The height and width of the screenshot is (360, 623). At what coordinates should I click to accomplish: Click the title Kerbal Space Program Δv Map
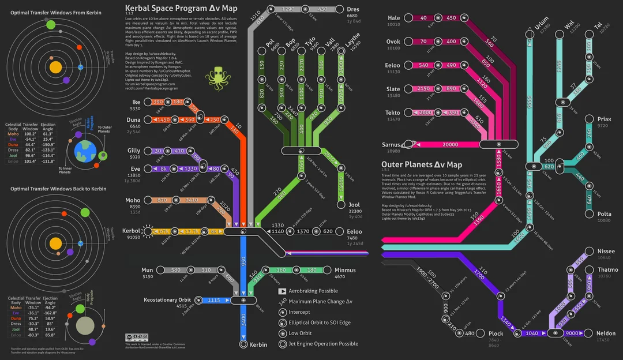click(x=181, y=9)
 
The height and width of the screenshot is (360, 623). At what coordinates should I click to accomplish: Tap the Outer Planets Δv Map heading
click(x=422, y=164)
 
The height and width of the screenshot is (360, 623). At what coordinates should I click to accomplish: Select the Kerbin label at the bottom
click(x=258, y=344)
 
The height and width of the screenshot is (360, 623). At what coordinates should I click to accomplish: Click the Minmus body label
click(x=345, y=270)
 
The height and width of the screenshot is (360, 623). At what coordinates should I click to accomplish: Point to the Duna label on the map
click(x=133, y=119)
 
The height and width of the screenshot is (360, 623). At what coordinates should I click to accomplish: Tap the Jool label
click(x=354, y=205)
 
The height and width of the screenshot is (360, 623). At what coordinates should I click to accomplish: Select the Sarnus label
click(x=391, y=144)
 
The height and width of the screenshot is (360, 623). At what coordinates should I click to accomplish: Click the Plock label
click(x=496, y=333)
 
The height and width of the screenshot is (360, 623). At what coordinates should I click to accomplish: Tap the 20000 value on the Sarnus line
click(x=449, y=144)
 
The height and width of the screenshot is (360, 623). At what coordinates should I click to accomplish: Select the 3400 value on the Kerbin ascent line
click(x=243, y=319)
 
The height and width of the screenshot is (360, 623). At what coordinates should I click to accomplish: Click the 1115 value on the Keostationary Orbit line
click(x=213, y=300)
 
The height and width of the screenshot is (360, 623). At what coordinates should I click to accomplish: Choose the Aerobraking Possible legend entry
click(x=313, y=291)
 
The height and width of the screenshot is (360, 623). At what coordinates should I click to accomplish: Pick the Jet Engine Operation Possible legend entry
click(x=323, y=344)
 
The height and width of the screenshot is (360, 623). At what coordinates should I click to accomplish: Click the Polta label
click(x=604, y=213)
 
